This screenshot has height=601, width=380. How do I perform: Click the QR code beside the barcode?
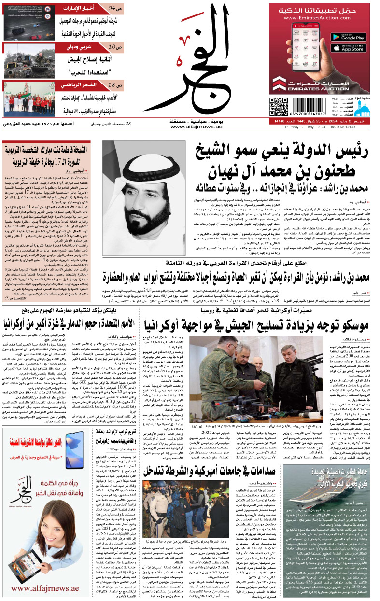click(278, 108)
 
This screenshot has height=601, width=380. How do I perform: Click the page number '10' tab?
click(112, 47)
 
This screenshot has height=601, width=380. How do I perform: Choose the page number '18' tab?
click(112, 85)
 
